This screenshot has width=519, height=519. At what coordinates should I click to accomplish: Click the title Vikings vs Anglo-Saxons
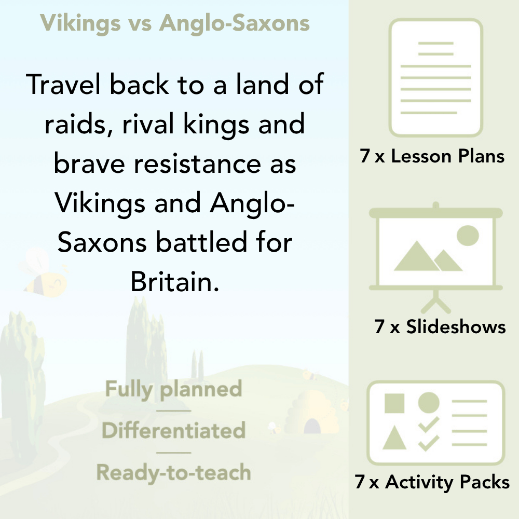(175, 23)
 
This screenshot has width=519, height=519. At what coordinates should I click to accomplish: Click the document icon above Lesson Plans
(436, 78)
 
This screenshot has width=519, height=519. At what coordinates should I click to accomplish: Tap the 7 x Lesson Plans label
(432, 156)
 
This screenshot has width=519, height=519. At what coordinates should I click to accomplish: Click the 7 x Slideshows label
(440, 326)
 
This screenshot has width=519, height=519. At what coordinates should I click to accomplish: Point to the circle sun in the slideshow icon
(467, 235)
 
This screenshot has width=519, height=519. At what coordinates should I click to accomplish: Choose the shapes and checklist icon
(436, 423)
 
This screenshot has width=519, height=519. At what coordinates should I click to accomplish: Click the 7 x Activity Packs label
(432, 482)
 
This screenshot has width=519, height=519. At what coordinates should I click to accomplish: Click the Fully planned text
(174, 389)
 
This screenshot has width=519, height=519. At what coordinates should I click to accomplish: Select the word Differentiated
(174, 431)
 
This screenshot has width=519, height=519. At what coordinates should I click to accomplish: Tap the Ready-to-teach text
(174, 473)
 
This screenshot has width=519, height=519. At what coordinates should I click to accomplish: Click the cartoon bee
(44, 272)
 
